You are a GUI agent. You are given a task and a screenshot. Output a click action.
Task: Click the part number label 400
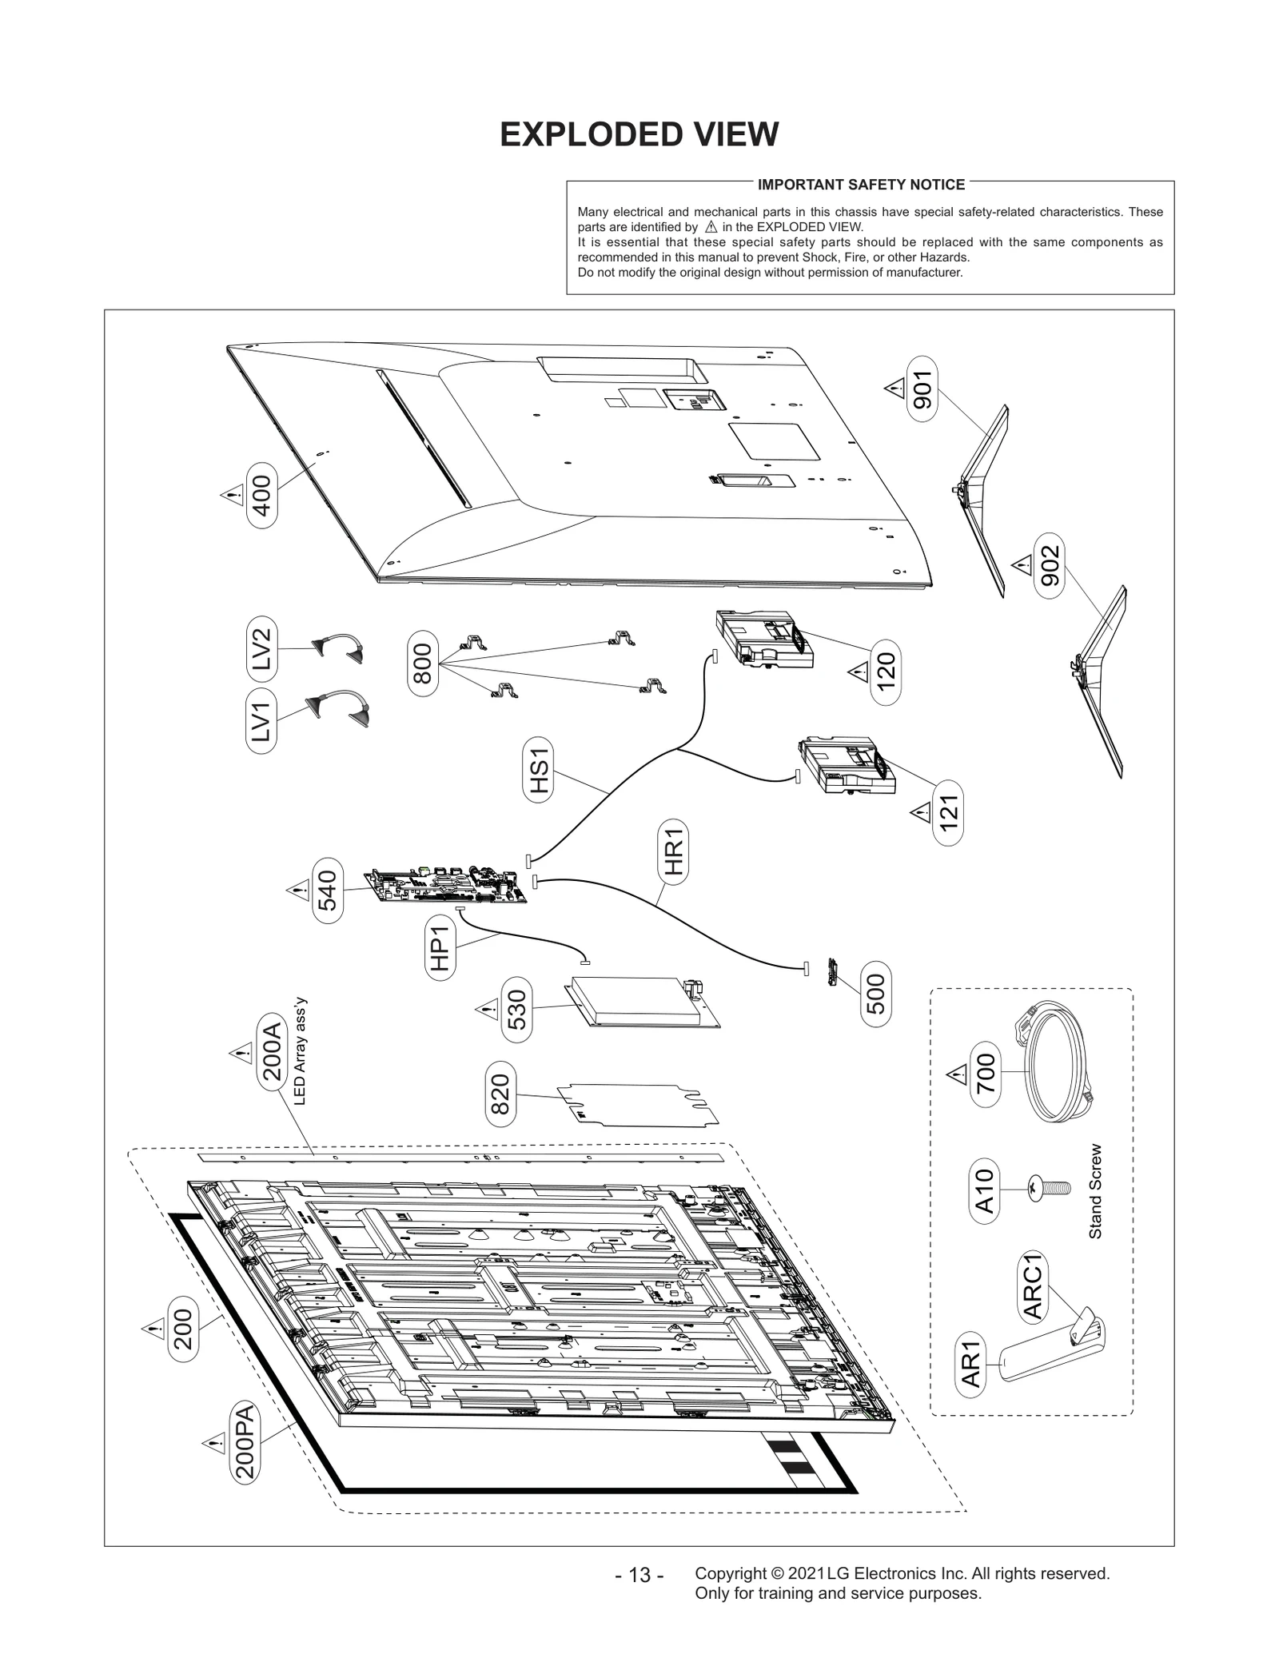tap(262, 495)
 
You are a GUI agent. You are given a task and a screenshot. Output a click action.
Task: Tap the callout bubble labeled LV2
tap(261, 649)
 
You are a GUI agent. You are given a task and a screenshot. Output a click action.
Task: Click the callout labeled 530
tap(517, 1010)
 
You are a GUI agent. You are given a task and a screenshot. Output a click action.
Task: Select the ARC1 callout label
tap(1034, 1288)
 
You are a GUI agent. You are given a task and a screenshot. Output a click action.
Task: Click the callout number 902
tap(1050, 565)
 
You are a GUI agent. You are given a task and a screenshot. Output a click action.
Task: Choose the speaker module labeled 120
tap(763, 639)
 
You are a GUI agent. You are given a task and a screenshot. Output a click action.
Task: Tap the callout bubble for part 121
tap(948, 813)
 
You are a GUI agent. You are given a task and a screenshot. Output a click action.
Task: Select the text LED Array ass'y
tap(300, 1050)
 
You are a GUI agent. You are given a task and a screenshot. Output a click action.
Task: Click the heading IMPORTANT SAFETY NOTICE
tap(861, 185)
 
